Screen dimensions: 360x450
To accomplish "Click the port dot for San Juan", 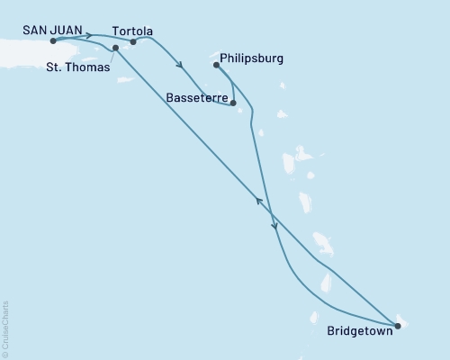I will [54, 41].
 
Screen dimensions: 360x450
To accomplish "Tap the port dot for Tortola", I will [133, 41].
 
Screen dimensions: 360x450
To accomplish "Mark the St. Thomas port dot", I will [115, 48].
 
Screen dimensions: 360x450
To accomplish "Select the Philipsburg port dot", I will [216, 65].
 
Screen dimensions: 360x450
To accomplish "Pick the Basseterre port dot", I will [233, 103].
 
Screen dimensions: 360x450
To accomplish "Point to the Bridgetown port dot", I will [398, 326].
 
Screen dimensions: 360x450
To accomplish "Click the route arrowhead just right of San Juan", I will [89, 36].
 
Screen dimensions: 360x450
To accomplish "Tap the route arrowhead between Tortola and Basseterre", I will [181, 65].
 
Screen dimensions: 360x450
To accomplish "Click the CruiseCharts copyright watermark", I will [5, 329].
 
